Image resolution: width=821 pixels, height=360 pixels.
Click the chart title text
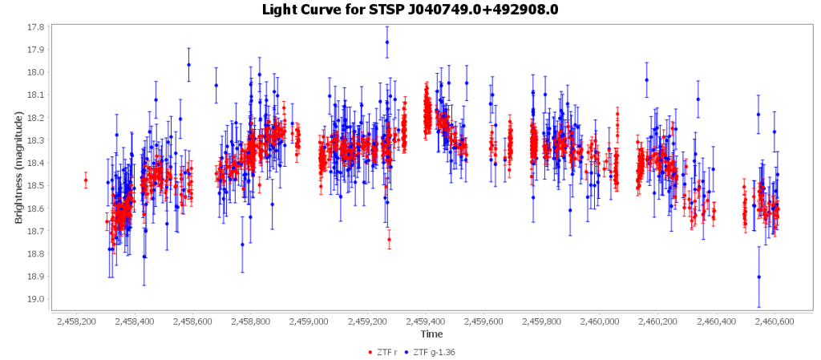410,10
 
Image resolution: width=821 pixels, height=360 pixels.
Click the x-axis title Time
431,334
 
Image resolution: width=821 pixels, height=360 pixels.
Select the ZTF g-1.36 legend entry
432,352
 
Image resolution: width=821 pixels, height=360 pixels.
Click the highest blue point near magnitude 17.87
386,42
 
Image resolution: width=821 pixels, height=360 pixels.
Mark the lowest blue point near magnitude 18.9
758,277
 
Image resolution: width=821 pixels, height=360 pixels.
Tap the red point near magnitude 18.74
390,239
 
